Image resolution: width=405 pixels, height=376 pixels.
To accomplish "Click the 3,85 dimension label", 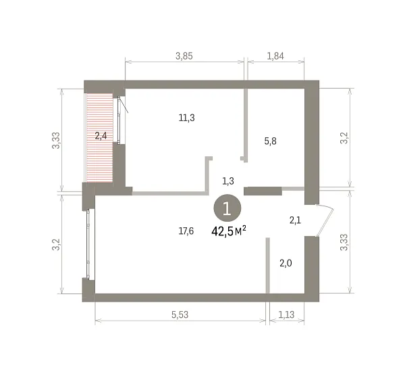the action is tap(184, 56).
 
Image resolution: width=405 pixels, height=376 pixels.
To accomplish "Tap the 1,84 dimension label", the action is tap(275, 56).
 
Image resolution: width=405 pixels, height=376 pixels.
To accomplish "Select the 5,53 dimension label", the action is tap(180, 314).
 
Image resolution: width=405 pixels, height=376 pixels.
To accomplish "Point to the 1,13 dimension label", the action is tap(286, 314).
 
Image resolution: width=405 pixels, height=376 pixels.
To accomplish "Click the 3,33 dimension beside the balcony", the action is tap(56, 141).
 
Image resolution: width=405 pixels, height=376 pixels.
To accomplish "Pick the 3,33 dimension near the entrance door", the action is tap(344, 243).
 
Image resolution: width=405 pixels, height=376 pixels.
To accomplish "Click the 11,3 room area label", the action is tap(187, 118).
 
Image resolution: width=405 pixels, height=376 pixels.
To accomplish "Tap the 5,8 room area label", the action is tap(271, 141).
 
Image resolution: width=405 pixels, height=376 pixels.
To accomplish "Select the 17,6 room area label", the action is tap(186, 231).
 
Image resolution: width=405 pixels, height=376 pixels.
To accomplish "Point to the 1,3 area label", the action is tap(228, 181).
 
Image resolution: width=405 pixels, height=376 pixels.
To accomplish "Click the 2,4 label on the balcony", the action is tap(101, 135).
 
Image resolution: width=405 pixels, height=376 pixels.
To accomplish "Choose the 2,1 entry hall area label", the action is tap(295, 220).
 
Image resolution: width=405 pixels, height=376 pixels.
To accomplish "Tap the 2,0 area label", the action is tap(286, 263).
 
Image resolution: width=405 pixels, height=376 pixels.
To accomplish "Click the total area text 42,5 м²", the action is tap(229, 231).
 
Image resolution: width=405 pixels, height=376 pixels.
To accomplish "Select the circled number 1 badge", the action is tap(227, 208).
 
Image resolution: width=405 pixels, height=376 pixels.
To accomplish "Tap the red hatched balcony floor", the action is tap(100, 138).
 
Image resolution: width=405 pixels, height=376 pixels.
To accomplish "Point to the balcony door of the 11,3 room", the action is tap(119, 120).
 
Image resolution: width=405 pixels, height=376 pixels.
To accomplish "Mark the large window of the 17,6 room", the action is tap(88, 245).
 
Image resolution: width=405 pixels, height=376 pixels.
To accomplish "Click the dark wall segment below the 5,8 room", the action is tap(263, 191).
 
